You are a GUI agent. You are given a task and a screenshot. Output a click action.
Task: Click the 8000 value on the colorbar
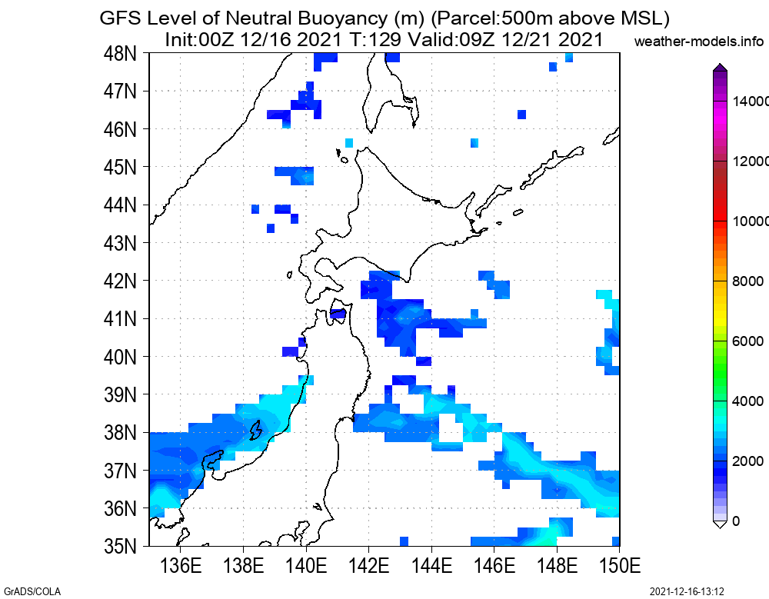click(748, 281)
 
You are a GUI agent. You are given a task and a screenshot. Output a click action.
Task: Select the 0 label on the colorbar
click(737, 521)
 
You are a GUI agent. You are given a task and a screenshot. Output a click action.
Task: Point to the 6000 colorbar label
click(748, 341)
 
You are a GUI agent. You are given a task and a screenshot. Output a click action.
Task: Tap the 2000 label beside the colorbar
click(748, 461)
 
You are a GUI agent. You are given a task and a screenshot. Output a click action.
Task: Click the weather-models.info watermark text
click(700, 41)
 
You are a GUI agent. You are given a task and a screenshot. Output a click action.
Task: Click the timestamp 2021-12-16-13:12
click(687, 591)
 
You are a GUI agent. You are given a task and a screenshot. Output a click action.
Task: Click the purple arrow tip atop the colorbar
click(720, 68)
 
